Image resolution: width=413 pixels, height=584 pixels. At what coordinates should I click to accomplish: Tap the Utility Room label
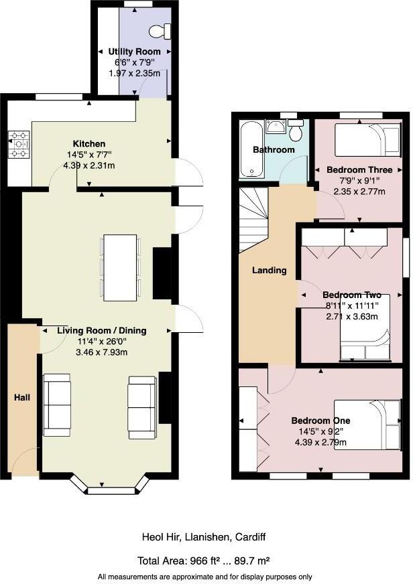click(135, 52)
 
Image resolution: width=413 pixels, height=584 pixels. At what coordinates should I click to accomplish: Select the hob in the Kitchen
click(19, 145)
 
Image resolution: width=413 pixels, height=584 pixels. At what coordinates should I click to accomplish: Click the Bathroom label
click(273, 149)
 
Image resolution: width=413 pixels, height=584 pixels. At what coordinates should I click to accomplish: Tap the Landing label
click(269, 271)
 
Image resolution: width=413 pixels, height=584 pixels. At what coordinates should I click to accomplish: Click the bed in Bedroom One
click(367, 425)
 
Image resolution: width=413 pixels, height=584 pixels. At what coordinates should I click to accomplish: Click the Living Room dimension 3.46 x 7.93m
click(101, 352)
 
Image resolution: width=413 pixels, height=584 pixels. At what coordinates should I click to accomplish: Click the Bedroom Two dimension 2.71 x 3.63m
click(352, 316)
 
